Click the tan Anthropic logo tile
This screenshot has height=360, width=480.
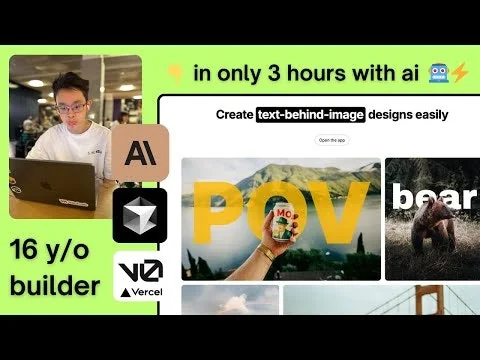141,152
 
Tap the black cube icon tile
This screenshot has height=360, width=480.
141,215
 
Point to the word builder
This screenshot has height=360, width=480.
55,286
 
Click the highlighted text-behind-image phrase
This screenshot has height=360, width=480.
296,115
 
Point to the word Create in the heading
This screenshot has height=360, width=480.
234,115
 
